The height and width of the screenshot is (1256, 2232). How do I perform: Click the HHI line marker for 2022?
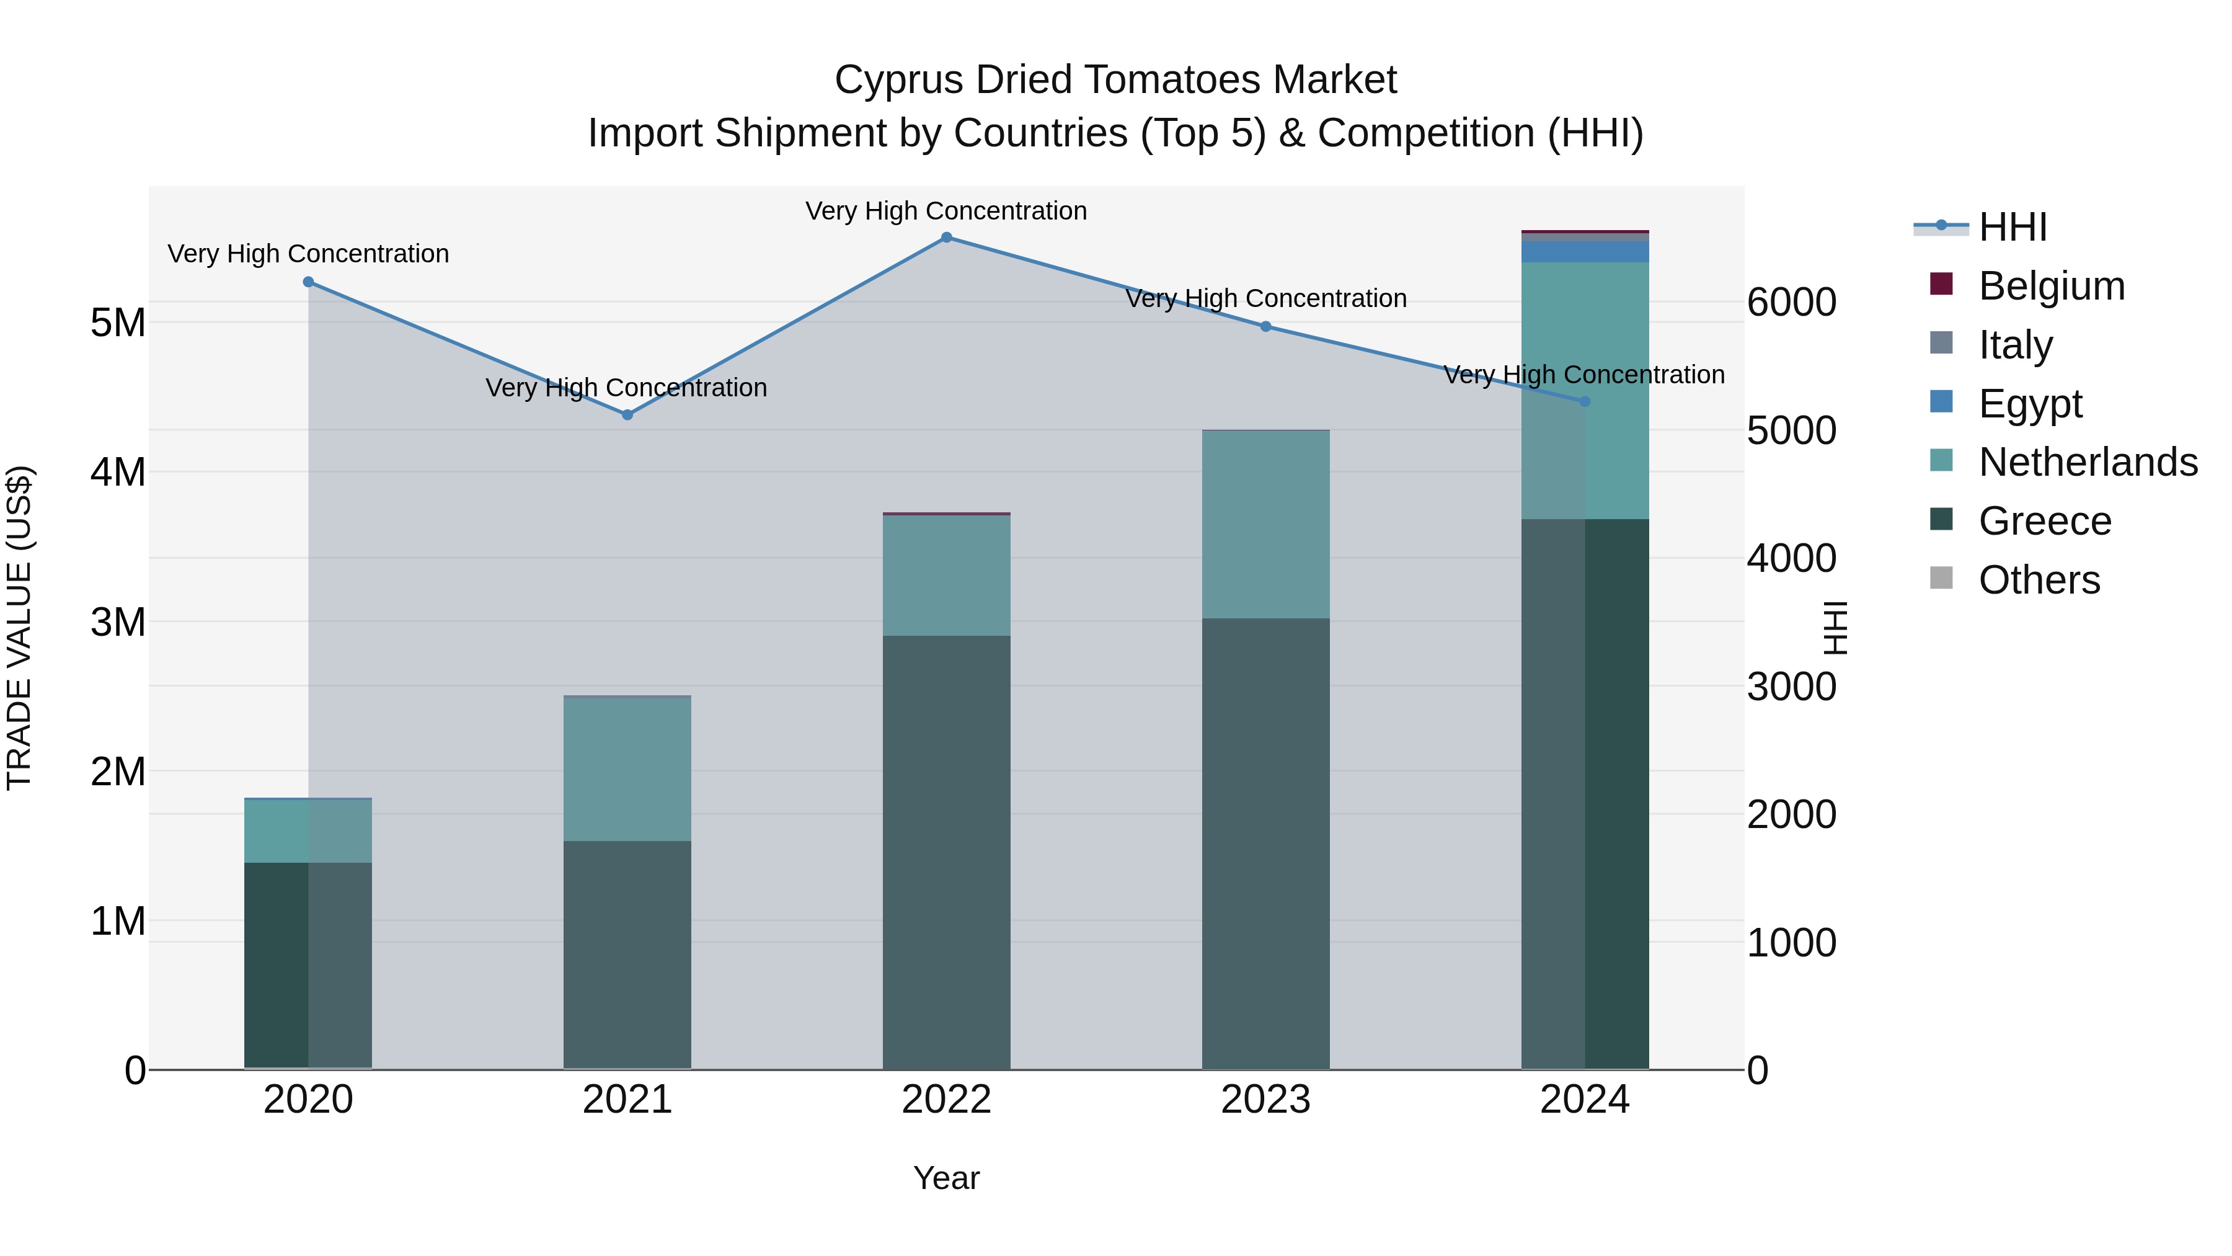point(946,238)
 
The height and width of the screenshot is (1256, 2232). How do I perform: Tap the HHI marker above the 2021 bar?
point(627,415)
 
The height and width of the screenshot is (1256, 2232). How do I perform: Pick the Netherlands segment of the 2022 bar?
point(946,576)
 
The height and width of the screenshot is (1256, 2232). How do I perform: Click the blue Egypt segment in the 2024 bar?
point(1585,251)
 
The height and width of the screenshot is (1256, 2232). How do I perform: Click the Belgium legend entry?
point(2050,286)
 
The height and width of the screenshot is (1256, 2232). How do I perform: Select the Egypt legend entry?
point(2029,404)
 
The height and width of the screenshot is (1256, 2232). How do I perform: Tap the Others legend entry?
point(2038,580)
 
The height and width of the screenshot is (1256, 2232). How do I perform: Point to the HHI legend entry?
point(2012,227)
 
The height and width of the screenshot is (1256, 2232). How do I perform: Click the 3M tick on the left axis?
point(118,622)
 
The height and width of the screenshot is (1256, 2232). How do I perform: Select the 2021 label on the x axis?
point(627,1100)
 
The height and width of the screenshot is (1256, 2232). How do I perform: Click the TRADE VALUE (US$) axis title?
point(19,628)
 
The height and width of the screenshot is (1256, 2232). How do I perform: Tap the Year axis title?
point(946,1178)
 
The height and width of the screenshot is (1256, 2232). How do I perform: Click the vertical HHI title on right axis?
point(1835,628)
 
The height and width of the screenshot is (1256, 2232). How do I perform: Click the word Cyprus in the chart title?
point(898,80)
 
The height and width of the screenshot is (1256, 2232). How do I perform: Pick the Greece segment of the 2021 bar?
point(627,953)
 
